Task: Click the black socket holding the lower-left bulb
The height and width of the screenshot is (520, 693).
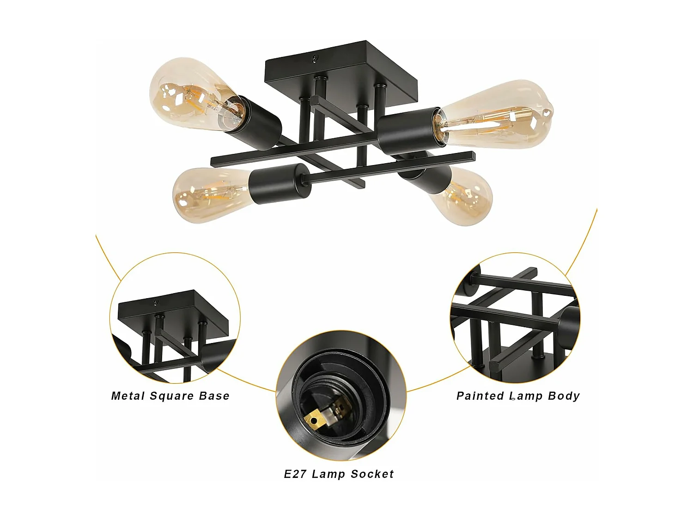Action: (280, 184)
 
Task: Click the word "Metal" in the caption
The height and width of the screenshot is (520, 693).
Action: (128, 396)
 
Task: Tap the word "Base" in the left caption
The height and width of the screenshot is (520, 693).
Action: (214, 396)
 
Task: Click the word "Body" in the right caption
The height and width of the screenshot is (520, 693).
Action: (564, 396)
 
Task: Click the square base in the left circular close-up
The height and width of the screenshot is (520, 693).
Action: (173, 312)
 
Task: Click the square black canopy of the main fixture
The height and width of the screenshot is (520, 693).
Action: (341, 76)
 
